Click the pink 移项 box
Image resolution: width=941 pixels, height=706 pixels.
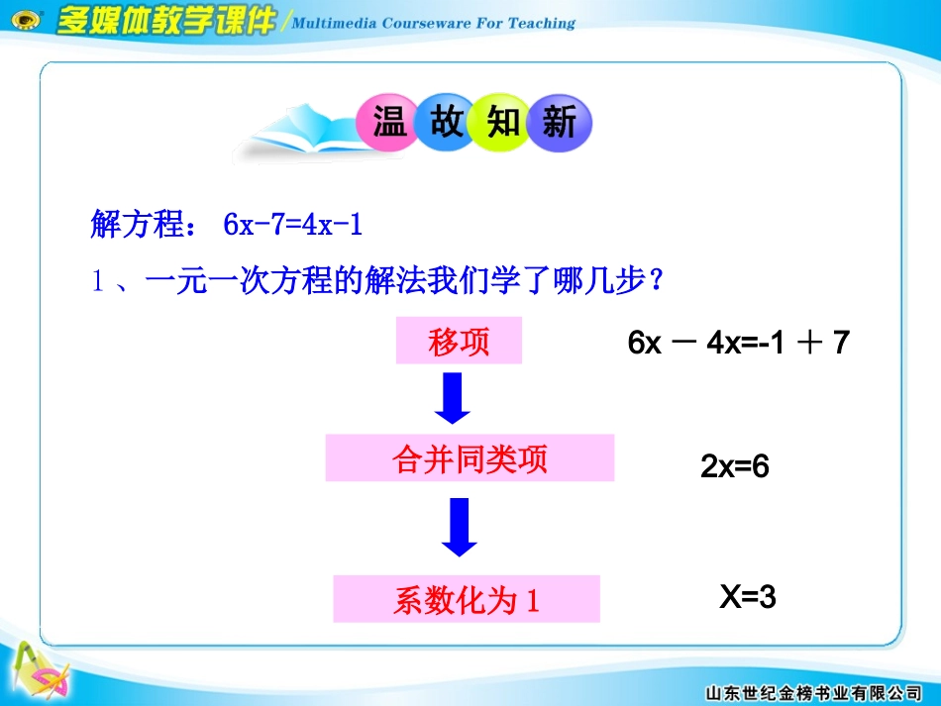[459, 342]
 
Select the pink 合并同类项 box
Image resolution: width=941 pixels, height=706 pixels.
[470, 459]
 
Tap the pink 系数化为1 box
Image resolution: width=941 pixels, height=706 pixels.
[467, 599]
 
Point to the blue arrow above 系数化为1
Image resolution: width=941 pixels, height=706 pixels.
[457, 527]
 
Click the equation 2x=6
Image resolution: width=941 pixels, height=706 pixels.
[735, 467]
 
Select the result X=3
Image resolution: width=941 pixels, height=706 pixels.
[747, 597]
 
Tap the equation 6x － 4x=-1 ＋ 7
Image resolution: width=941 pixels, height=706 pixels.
[738, 344]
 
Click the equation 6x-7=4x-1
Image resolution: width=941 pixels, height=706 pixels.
[293, 227]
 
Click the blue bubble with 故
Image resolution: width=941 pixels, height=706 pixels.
[446, 123]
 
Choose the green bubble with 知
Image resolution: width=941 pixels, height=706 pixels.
[503, 124]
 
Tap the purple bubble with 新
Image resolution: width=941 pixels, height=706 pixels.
[560, 124]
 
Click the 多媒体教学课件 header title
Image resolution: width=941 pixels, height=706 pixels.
[164, 22]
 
